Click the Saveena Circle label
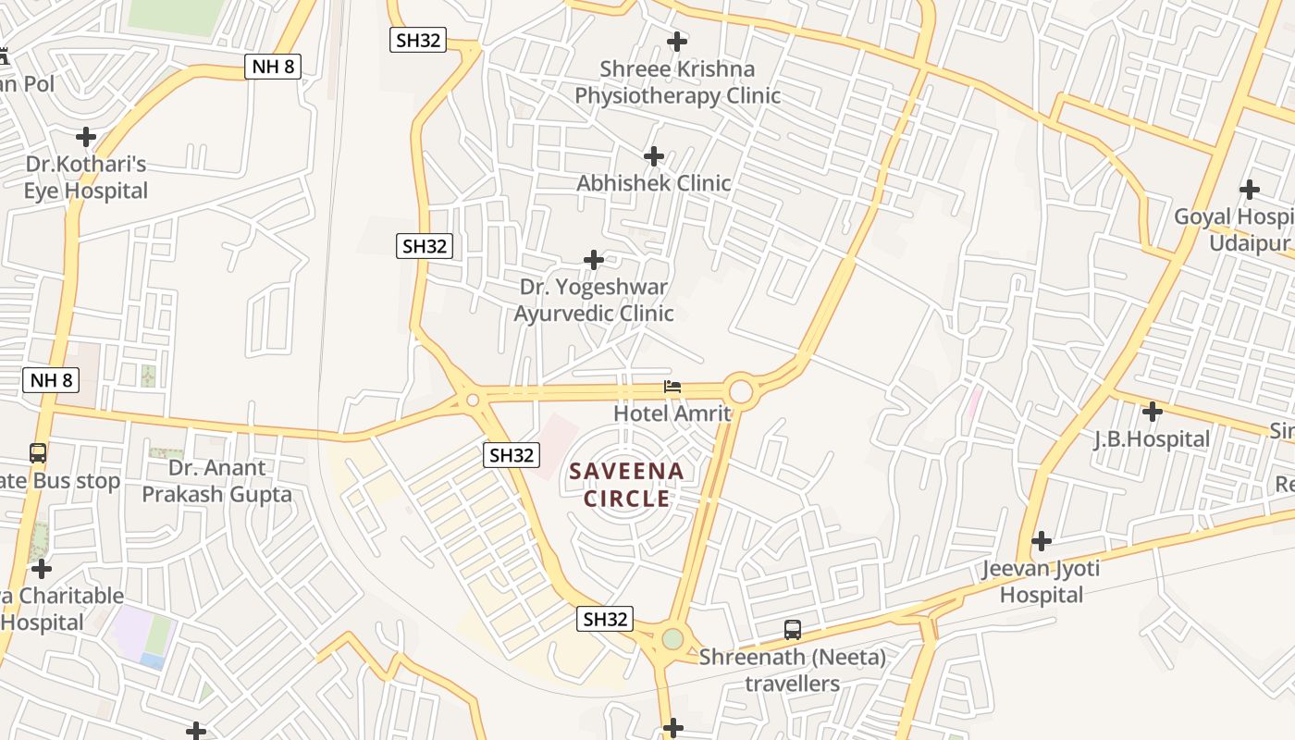pos(626,485)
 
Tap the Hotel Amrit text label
pos(672,413)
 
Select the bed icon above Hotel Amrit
pos(672,387)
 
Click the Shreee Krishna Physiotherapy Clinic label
pos(677,82)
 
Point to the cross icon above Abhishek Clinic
pos(654,156)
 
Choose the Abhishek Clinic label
pos(654,183)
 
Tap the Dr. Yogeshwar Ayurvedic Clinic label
pos(594,301)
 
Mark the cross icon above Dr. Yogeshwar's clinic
pos(594,260)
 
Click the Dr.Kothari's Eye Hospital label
pos(86,178)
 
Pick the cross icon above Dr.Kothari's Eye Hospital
pos(86,137)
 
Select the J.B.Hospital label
pos(1152,439)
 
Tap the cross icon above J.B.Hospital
pos(1152,412)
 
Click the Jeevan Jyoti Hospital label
pos(1042,581)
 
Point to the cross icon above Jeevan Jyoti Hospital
pos(1042,541)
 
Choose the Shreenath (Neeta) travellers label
pos(793,671)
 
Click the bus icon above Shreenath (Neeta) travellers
pos(793,630)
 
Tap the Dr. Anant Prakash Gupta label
pos(216,481)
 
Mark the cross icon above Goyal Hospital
pos(1250,190)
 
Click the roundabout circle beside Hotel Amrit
pos(741,390)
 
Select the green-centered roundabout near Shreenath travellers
pos(672,639)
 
